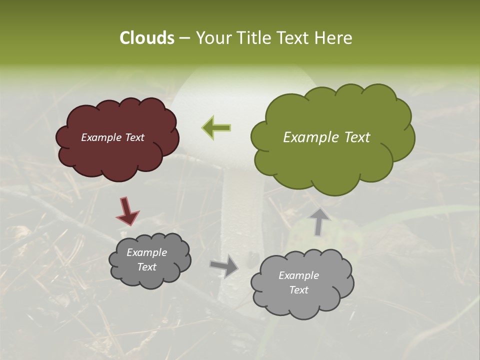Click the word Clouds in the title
[146, 38]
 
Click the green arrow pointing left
[216, 128]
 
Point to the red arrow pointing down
[128, 210]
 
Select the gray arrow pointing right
[224, 266]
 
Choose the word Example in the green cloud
[311, 137]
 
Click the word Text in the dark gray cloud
[146, 267]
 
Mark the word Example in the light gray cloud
[298, 275]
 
